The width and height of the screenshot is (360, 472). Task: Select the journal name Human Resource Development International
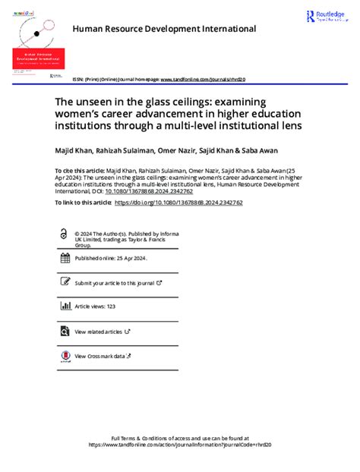164,29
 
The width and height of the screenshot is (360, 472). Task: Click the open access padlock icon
65,235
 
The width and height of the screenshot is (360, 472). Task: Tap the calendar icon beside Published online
65,258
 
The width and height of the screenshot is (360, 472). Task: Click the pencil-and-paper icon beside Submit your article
65,282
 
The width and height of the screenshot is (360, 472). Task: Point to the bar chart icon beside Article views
65,307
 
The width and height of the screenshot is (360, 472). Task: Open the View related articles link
99,331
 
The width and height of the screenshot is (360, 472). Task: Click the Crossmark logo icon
65,355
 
